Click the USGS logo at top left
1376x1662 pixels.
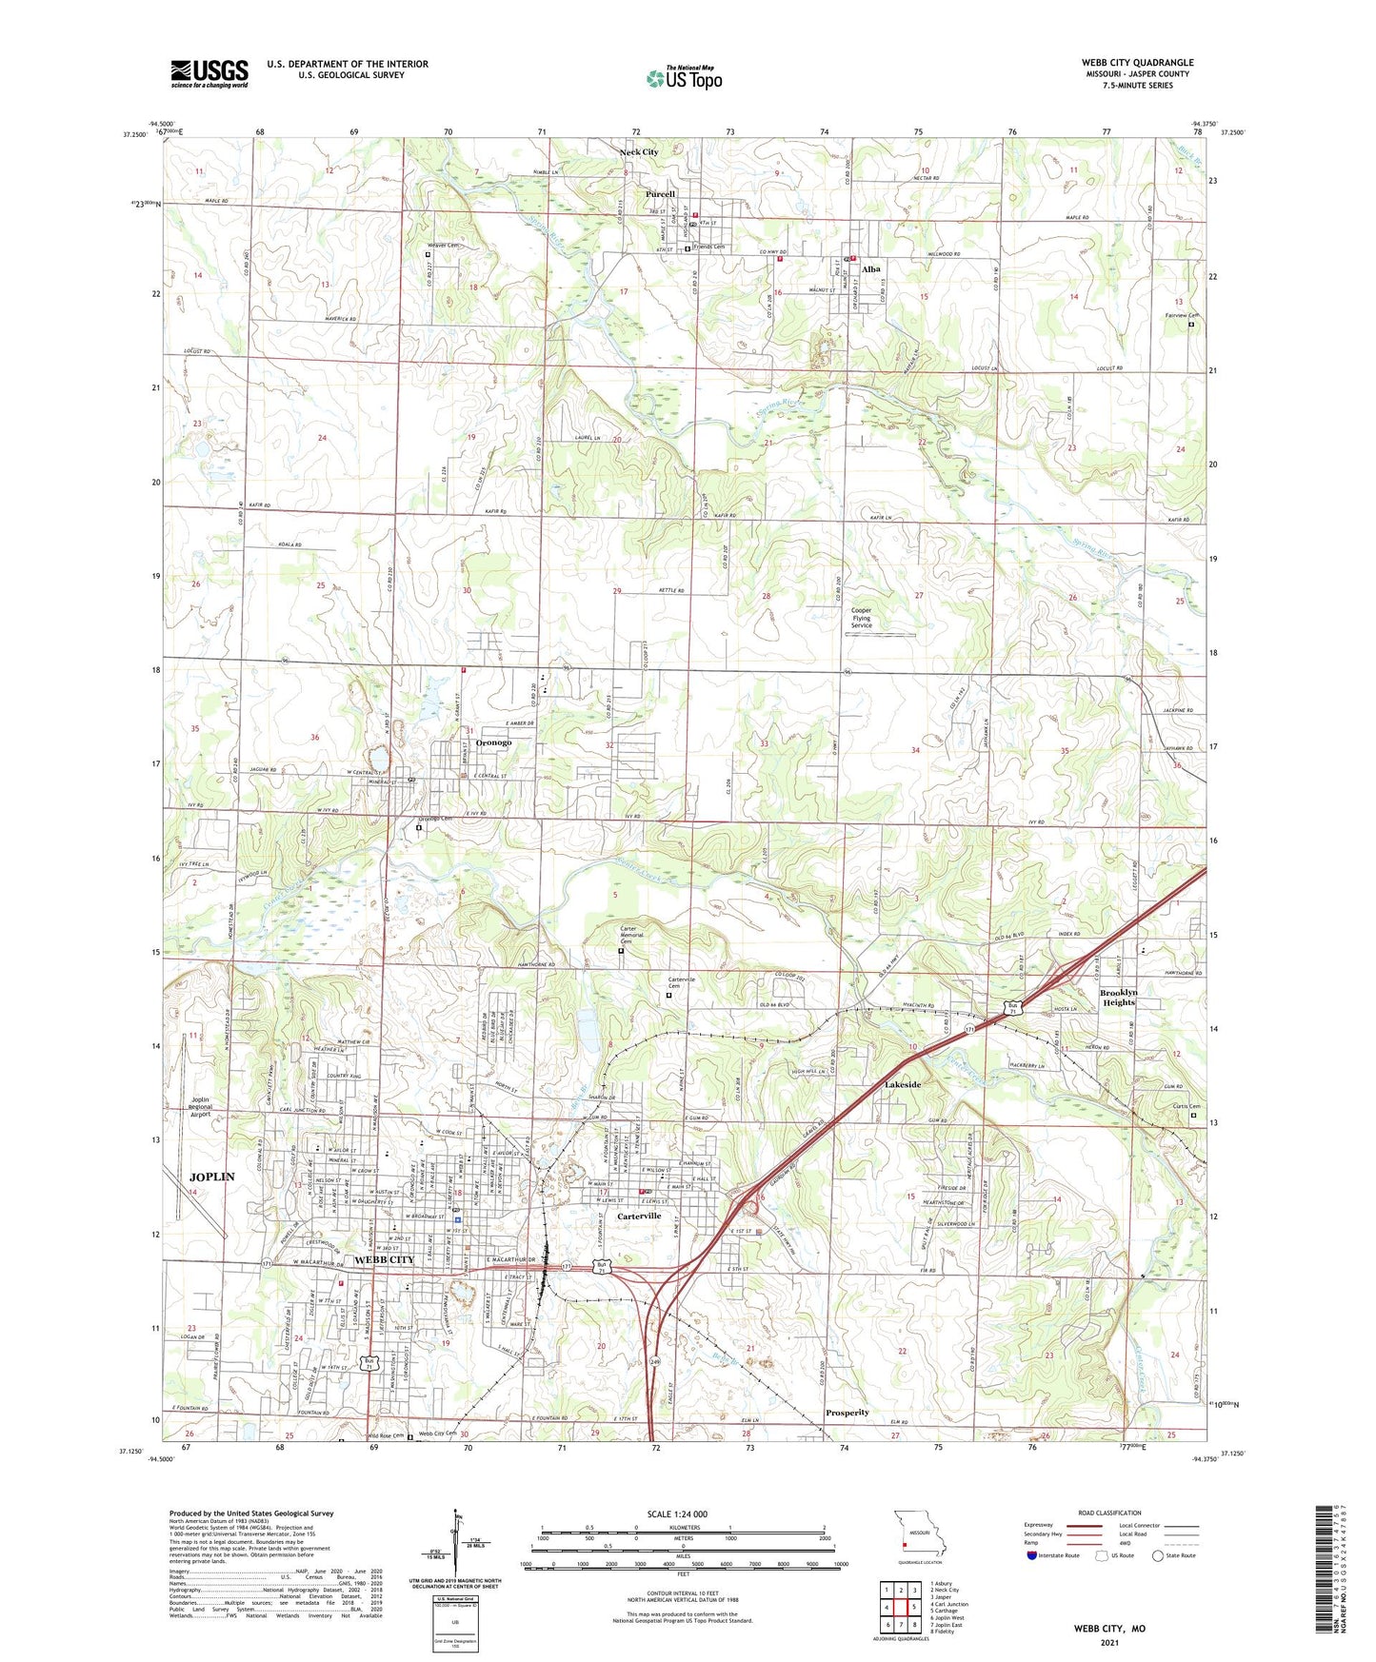tap(209, 72)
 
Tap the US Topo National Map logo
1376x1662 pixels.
tap(684, 77)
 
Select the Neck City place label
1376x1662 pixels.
tap(639, 152)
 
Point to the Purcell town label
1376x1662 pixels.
tap(660, 194)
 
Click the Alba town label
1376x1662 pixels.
tap(870, 269)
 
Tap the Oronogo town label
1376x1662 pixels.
tap(488, 742)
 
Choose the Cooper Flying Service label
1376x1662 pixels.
tap(861, 618)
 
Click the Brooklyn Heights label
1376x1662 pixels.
tap(1118, 997)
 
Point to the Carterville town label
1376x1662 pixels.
tap(638, 1217)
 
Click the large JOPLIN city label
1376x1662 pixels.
tap(211, 1177)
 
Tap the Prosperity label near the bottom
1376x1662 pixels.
tap(847, 1413)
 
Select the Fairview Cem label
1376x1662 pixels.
tap(1181, 316)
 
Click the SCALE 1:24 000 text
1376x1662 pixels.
tap(677, 1514)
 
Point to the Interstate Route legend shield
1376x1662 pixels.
tap(1033, 1555)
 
